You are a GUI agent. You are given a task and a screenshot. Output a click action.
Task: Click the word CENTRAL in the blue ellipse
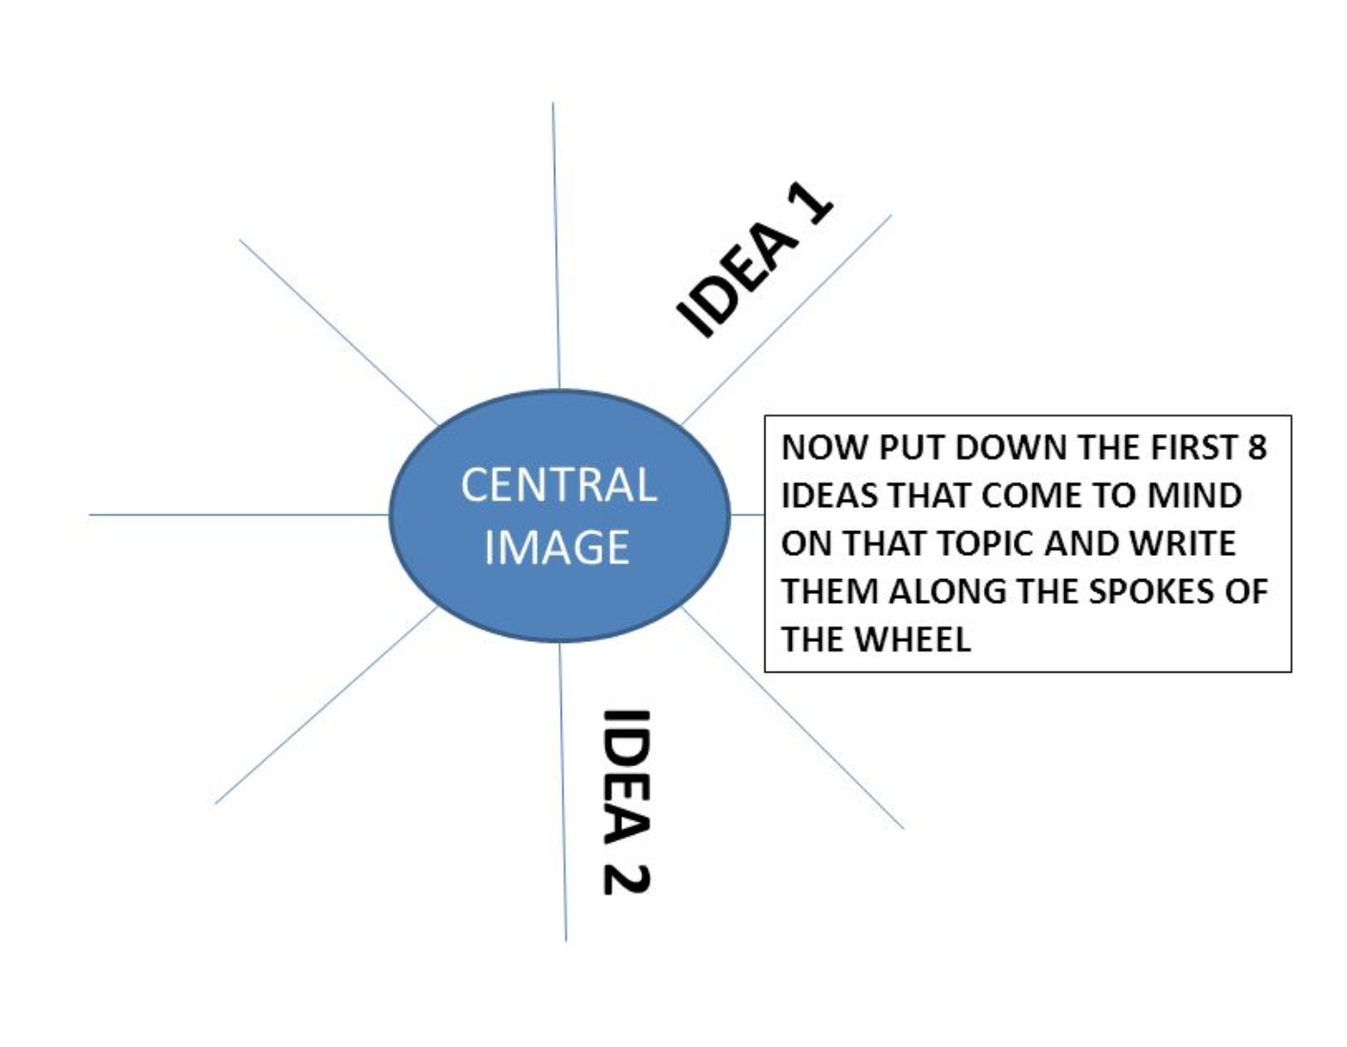tap(559, 485)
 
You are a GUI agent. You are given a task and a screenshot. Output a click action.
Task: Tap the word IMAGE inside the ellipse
tap(557, 547)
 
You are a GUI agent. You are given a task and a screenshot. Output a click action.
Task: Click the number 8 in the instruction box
tap(1256, 447)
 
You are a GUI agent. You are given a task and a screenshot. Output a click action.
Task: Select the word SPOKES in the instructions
tap(1152, 591)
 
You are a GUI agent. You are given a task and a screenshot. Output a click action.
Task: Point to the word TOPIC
tap(987, 544)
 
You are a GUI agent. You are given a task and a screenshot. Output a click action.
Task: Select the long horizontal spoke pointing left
tap(239, 515)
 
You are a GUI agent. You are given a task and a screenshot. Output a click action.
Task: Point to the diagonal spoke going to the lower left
tap(325, 707)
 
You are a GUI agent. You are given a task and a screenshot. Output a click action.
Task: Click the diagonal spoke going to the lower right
tap(793, 716)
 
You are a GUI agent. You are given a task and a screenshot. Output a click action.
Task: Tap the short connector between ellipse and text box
tap(747, 515)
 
